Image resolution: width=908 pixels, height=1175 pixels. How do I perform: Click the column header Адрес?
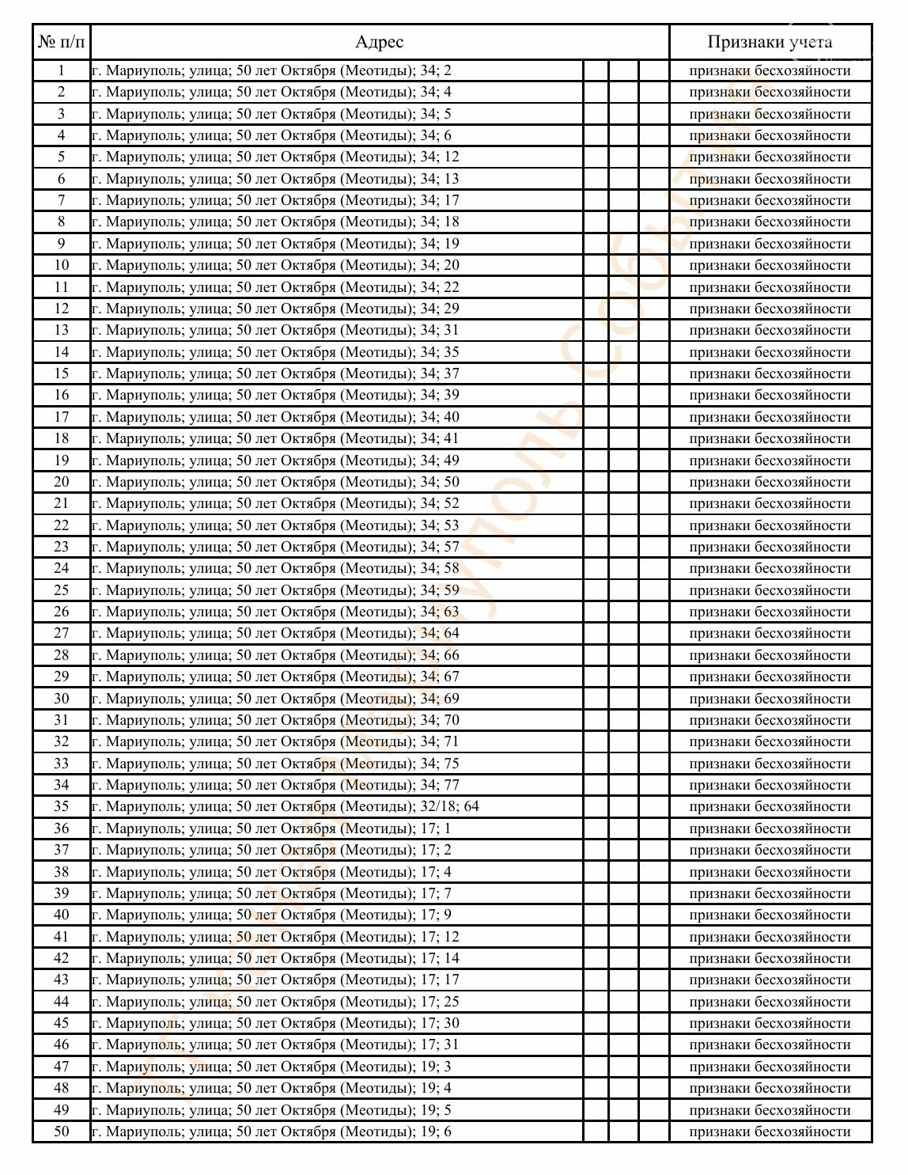point(379,42)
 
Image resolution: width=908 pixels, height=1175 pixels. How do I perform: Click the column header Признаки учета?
point(770,42)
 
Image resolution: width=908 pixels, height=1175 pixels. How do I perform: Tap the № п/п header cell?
point(61,42)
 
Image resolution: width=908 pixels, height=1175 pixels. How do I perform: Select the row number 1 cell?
point(61,70)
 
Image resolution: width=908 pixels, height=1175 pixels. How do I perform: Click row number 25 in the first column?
point(61,590)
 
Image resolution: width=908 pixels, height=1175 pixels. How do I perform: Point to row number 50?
point(61,1131)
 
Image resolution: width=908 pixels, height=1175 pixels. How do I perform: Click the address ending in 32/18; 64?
point(286,806)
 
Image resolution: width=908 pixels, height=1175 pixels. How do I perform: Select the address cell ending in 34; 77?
point(275,785)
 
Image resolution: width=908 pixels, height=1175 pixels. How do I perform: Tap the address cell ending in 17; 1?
point(271,828)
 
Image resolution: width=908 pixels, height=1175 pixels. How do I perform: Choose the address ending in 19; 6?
point(271,1131)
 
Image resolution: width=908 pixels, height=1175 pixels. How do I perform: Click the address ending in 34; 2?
point(271,70)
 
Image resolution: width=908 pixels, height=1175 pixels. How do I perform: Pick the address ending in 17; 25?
point(275,1002)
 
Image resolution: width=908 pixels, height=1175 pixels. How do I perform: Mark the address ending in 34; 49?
point(275,461)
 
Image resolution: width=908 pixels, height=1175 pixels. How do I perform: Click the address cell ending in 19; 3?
point(271,1067)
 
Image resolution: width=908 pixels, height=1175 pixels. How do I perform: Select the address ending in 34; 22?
point(275,287)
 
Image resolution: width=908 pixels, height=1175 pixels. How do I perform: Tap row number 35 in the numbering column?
point(61,806)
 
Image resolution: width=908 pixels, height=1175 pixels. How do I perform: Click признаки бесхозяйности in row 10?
point(770,265)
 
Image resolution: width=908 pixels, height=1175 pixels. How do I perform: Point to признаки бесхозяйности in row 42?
point(770,958)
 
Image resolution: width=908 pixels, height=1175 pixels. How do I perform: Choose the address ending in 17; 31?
point(275,1044)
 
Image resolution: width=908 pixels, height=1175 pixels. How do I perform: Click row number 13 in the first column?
point(61,330)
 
